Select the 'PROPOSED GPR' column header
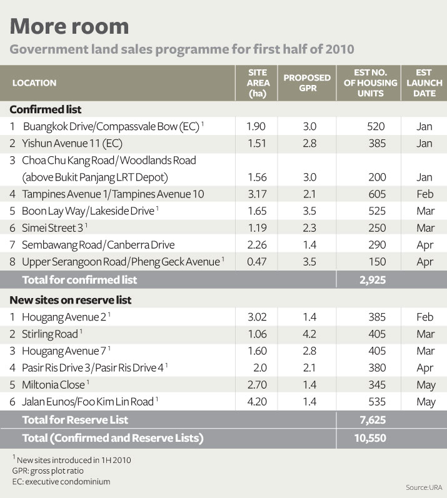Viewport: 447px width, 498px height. [x=307, y=82]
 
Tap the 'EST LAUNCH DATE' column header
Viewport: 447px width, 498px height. [x=424, y=82]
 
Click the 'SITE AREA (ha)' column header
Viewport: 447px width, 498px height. [x=258, y=82]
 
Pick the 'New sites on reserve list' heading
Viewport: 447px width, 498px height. [x=70, y=300]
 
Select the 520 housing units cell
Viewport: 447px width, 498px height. [x=376, y=126]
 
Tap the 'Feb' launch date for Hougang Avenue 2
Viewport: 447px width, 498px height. [x=424, y=317]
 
